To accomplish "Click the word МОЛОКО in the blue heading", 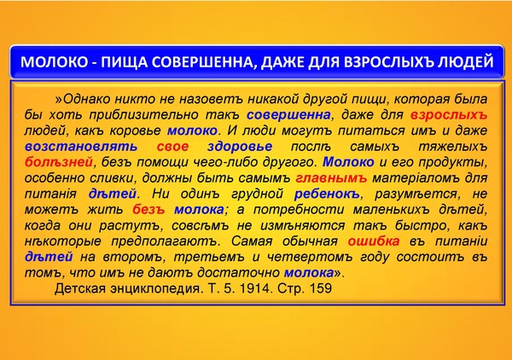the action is (55, 62).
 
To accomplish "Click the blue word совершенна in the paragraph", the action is (288, 115).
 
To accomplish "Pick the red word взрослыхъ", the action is (449, 115).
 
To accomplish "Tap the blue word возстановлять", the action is (81, 147).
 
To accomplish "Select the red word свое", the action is (172, 147).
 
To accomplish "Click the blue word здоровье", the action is (240, 147).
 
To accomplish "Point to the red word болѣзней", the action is (59, 162).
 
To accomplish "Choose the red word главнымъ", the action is (331, 178).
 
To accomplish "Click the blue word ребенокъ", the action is (327, 194).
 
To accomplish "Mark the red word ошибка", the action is (374, 241).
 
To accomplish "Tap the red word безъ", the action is (148, 210).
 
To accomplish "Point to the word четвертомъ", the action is (310, 257).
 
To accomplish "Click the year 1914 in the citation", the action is (255, 288).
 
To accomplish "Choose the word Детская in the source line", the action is (80, 289).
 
